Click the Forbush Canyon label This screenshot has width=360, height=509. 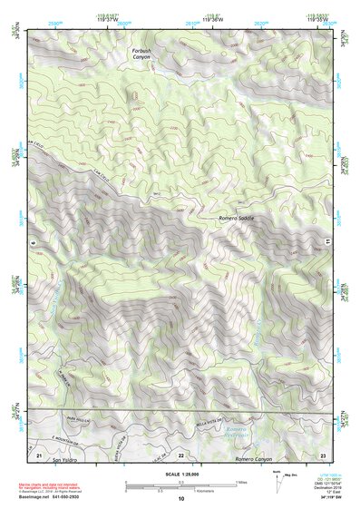tap(141, 54)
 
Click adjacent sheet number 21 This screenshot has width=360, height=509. tap(40, 453)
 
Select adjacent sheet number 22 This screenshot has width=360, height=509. tap(180, 454)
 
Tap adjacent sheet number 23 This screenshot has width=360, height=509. tap(323, 453)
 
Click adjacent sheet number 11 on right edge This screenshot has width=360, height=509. tap(326, 241)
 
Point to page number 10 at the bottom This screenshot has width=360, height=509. tap(180, 499)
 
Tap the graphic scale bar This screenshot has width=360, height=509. tap(180, 485)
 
